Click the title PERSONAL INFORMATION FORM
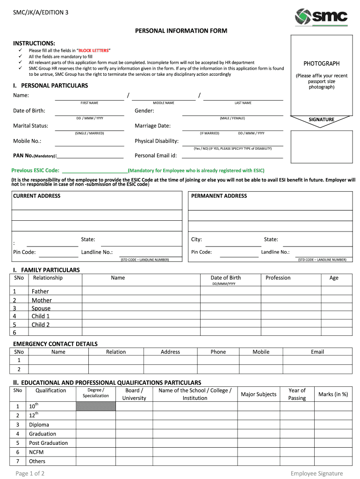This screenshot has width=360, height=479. pyautogui.click(x=181, y=31)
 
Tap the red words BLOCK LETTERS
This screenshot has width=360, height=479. pyautogui.click(x=94, y=51)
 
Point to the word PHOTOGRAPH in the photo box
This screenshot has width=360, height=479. pyautogui.click(x=321, y=64)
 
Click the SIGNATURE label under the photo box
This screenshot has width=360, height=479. pyautogui.click(x=321, y=120)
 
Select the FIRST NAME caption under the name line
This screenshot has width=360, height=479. pyautogui.click(x=89, y=103)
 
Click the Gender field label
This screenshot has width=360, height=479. pyautogui.click(x=144, y=111)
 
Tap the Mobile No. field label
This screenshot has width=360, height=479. pyautogui.click(x=27, y=141)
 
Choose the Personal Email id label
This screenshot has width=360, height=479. pyautogui.click(x=156, y=155)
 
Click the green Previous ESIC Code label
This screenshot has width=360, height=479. pyautogui.click(x=36, y=170)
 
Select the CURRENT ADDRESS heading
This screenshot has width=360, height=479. pyautogui.click(x=36, y=196)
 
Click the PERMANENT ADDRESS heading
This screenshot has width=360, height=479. pyautogui.click(x=219, y=196)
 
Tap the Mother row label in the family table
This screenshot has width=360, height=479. pyautogui.click(x=42, y=300)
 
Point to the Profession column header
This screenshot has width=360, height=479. pyautogui.click(x=278, y=278)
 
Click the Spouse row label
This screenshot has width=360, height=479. pyautogui.click(x=41, y=308)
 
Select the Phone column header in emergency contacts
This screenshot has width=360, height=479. pyautogui.click(x=218, y=352)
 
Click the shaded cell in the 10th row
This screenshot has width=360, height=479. pyautogui.click(x=95, y=406)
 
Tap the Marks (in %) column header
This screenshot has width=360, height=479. pyautogui.click(x=333, y=394)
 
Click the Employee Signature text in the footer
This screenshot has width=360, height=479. pyautogui.click(x=317, y=473)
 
